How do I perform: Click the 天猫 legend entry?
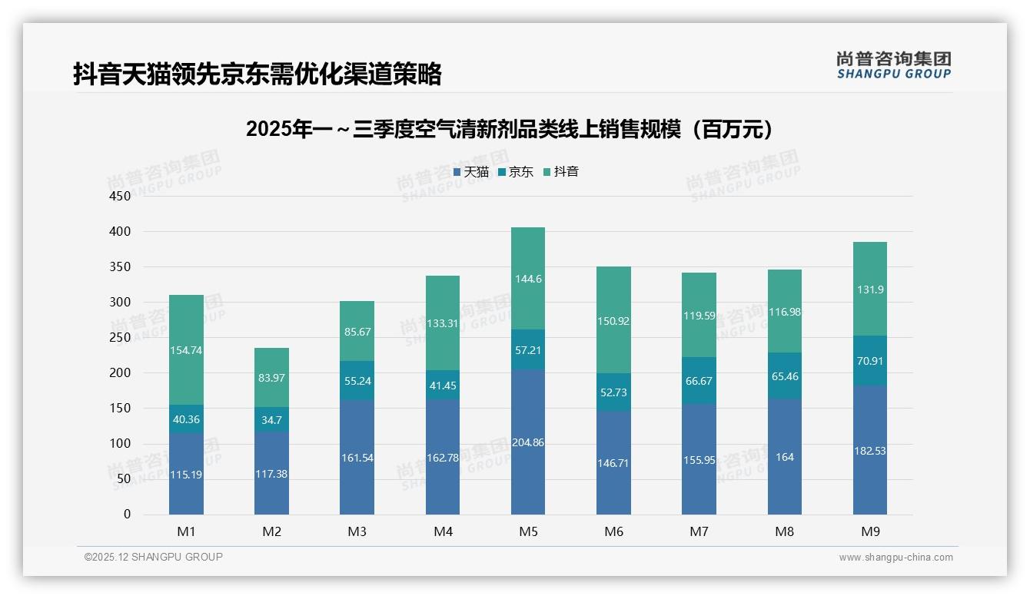pyautogui.click(x=470, y=172)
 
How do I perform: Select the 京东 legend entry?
pyautogui.click(x=515, y=172)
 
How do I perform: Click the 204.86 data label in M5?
pyautogui.click(x=528, y=442)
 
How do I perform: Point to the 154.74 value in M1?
pyautogui.click(x=186, y=350)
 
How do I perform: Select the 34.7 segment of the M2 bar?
pyautogui.click(x=272, y=420)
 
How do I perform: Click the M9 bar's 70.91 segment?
pyautogui.click(x=869, y=360)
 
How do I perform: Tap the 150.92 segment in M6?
pyautogui.click(x=613, y=321)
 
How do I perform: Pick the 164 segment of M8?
pyautogui.click(x=784, y=457)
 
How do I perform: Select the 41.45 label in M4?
pyautogui.click(x=443, y=386)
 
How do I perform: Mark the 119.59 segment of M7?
pyautogui.click(x=699, y=315)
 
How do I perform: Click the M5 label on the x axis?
pyautogui.click(x=528, y=531)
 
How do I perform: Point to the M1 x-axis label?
pyautogui.click(x=186, y=531)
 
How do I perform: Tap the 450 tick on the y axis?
pyautogui.click(x=120, y=196)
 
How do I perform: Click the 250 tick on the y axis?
pyautogui.click(x=120, y=337)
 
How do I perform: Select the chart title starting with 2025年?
pyautogui.click(x=509, y=130)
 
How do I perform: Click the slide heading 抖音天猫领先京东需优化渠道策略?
pyautogui.click(x=257, y=74)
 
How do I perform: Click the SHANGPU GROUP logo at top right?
pyautogui.click(x=893, y=65)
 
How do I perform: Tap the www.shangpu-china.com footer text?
pyautogui.click(x=895, y=558)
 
